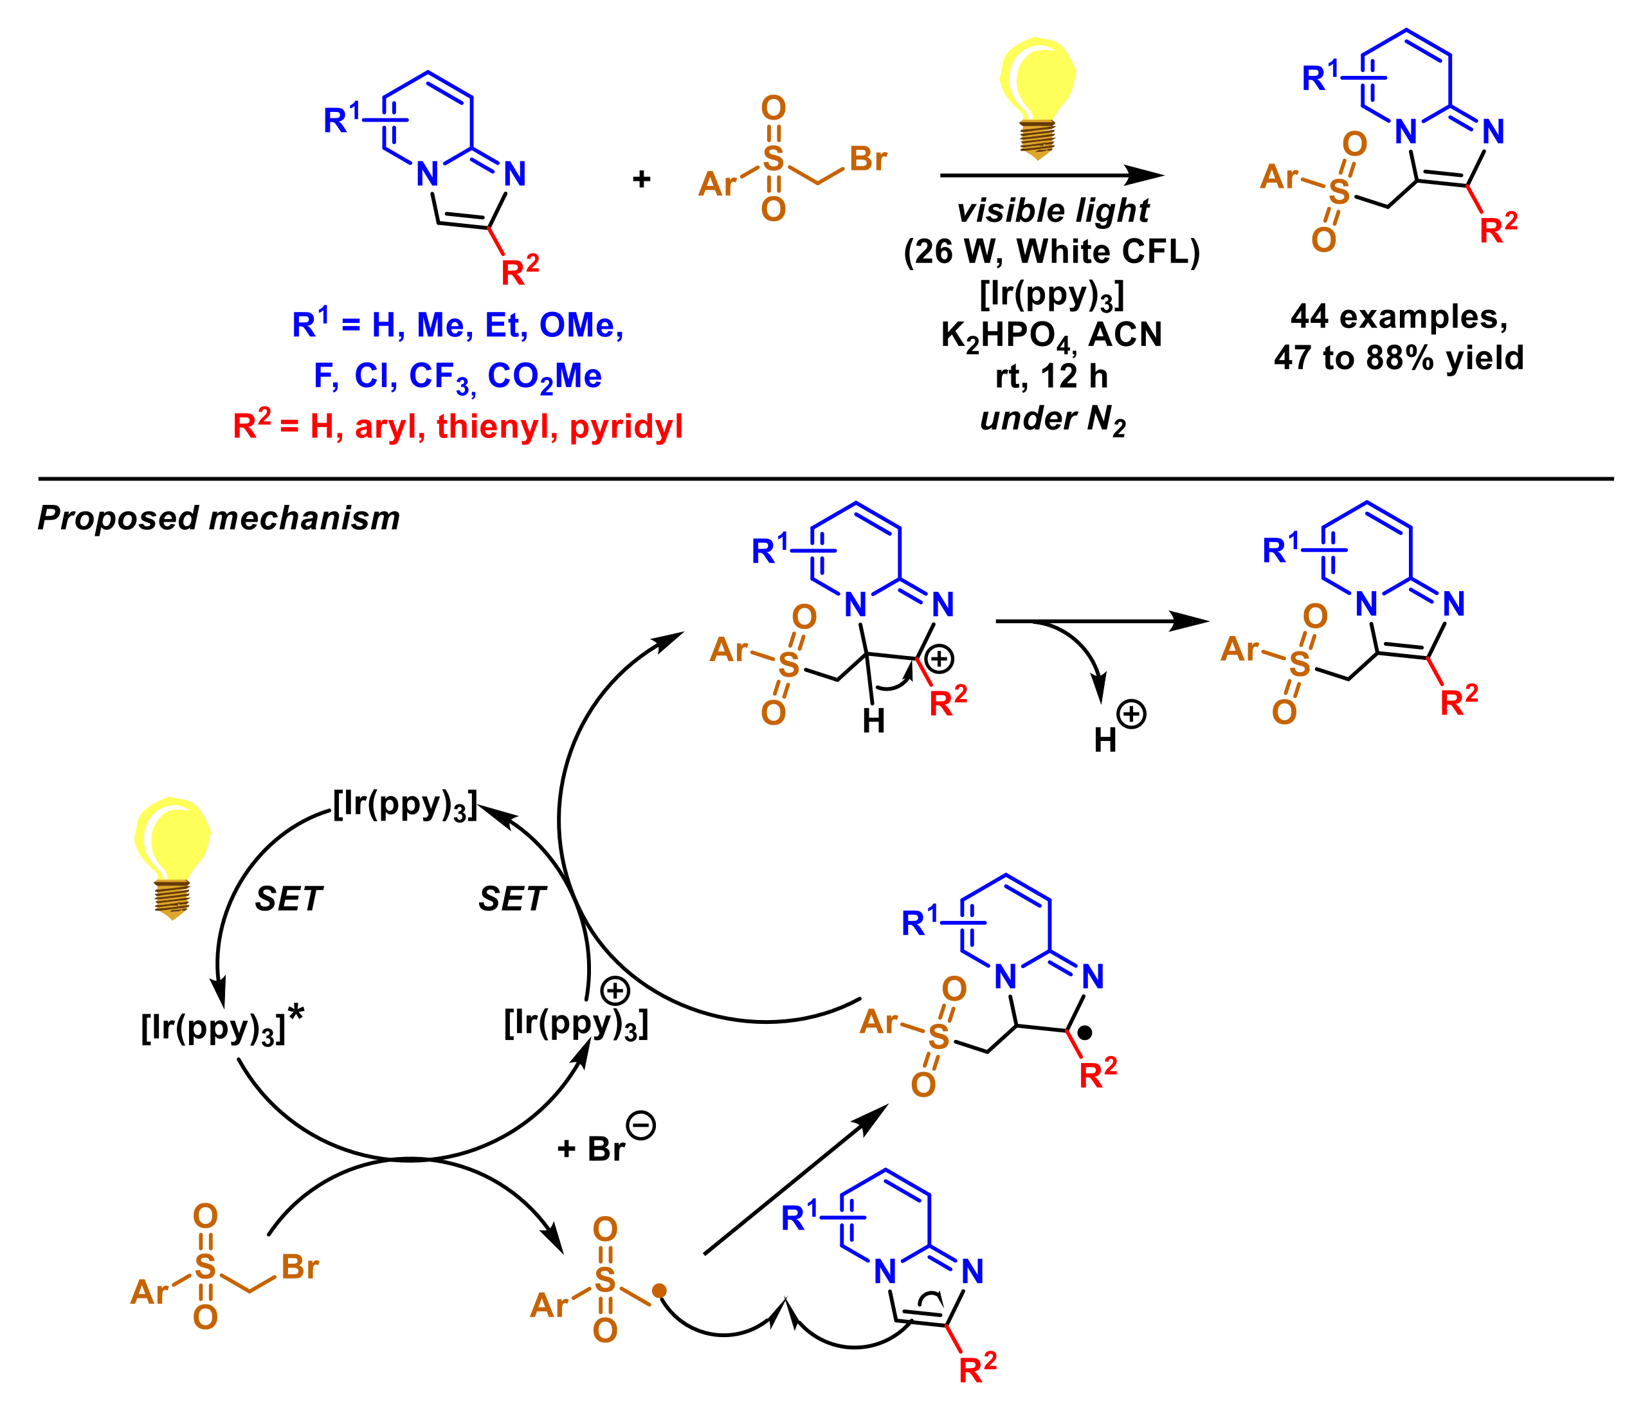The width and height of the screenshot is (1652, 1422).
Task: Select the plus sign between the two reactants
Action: click(641, 179)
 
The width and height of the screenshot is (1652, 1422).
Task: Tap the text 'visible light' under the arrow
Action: click(1053, 210)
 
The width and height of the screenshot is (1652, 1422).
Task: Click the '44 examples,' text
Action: click(1399, 316)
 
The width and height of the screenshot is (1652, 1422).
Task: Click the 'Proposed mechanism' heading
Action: click(219, 518)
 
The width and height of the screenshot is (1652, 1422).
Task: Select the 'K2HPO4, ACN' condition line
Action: click(1051, 336)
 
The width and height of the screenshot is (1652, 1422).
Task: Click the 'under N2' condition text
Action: click(1053, 419)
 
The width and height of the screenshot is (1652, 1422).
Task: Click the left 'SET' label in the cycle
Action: click(288, 900)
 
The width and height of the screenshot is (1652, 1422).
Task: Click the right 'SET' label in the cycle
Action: click(511, 900)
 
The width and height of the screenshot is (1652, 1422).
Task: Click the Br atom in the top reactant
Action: click(868, 159)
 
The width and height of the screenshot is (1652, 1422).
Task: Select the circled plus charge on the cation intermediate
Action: click(940, 659)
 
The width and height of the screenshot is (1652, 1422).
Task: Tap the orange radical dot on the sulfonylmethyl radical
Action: click(659, 1290)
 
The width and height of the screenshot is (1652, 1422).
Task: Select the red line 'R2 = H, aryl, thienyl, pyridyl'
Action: click(458, 426)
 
